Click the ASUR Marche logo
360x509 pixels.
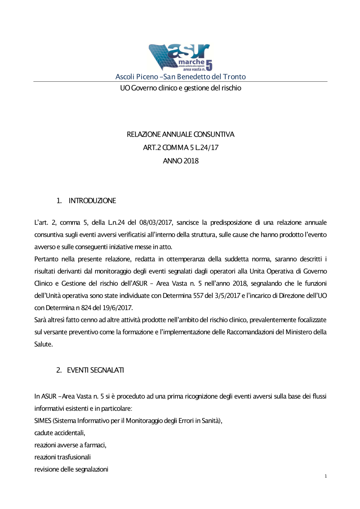point(180,57)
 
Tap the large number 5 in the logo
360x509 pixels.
point(209,65)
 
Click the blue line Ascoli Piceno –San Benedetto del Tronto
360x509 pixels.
point(180,77)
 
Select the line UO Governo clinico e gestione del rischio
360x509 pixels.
point(180,88)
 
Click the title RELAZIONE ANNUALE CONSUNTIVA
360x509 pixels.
point(180,135)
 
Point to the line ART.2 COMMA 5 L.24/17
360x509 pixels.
point(180,148)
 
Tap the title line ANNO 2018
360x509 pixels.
point(180,161)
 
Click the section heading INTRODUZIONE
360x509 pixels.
point(92,201)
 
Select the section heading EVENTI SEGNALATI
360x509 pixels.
point(95,370)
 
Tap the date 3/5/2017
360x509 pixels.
point(227,296)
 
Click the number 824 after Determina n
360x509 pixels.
point(86,308)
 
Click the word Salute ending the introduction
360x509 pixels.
point(43,345)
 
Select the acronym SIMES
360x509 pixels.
point(42,421)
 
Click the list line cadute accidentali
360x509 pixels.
point(60,433)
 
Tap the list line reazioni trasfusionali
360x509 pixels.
point(62,457)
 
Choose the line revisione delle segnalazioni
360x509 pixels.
point(71,469)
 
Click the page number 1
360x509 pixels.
point(326,476)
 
